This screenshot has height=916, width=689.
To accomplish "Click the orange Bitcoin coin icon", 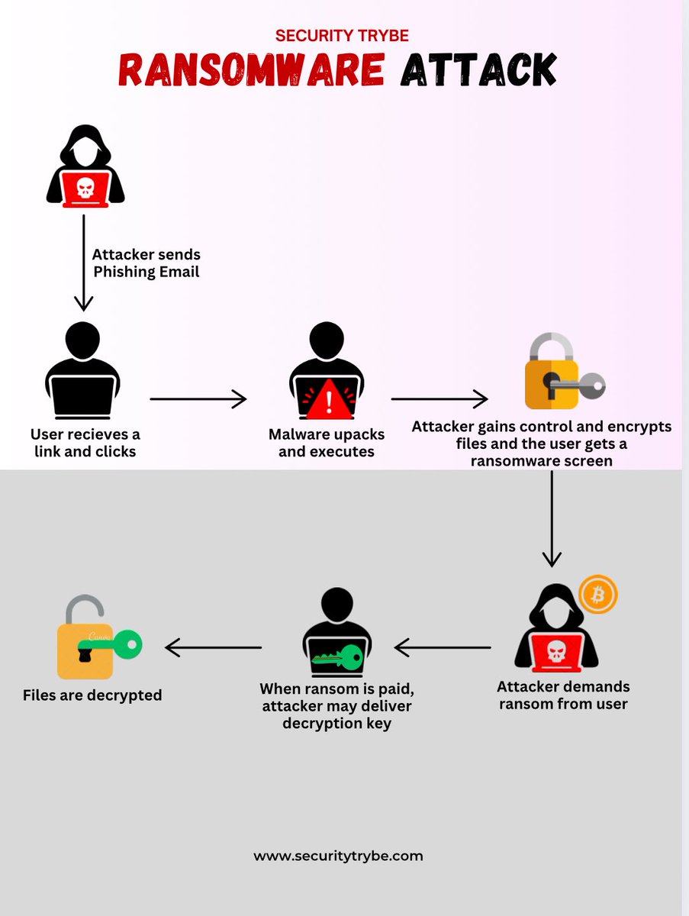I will point(597,593).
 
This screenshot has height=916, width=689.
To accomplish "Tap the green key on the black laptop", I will point(336,657).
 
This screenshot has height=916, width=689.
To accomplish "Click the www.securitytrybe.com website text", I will point(338,856).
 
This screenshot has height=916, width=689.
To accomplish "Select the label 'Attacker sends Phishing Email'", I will point(146,263).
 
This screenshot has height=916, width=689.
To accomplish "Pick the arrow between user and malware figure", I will point(198,398).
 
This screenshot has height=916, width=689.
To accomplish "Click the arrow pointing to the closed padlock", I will point(439,398).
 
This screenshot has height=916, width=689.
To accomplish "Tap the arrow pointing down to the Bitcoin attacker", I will point(552,519).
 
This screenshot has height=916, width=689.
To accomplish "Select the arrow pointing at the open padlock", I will point(214,648).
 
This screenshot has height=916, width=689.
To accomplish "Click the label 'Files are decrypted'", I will point(92,695).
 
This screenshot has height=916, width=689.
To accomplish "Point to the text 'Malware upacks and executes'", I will point(327,443).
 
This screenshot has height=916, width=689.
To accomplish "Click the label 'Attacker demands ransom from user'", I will point(563,695).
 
